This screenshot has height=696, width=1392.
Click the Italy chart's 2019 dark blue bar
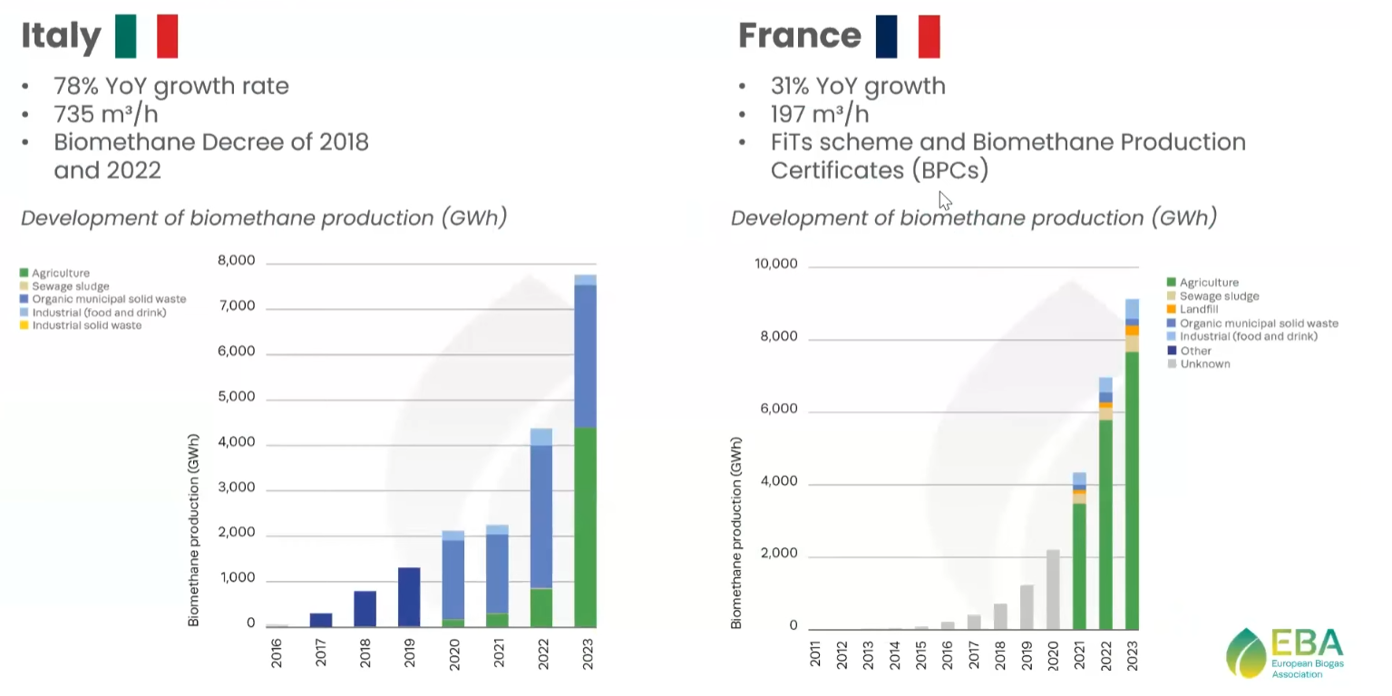tap(409, 596)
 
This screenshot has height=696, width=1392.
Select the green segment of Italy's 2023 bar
tap(586, 527)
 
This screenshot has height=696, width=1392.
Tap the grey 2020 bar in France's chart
tap(1053, 589)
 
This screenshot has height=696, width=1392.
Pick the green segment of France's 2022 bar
tap(1105, 525)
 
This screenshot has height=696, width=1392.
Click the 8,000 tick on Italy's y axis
tap(236, 260)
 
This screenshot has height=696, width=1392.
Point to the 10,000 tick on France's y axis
tap(775, 264)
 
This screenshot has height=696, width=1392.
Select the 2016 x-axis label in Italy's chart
tap(277, 653)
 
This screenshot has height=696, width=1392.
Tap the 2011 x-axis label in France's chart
tap(815, 655)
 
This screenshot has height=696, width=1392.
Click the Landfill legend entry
tap(1192, 309)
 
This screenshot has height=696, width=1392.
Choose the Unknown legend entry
tap(1199, 363)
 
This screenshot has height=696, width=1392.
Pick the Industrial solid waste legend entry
tap(81, 325)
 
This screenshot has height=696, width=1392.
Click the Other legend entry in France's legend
tap(1190, 351)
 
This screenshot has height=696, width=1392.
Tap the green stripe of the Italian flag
tap(125, 36)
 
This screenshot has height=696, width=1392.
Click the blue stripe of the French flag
tap(886, 36)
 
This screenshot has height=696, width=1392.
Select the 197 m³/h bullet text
tap(820, 114)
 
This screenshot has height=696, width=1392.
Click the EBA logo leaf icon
tap(1246, 653)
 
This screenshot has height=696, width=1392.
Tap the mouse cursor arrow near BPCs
tap(945, 200)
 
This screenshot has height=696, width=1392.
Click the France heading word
tap(799, 35)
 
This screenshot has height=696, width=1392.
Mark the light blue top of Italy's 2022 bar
tap(541, 437)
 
